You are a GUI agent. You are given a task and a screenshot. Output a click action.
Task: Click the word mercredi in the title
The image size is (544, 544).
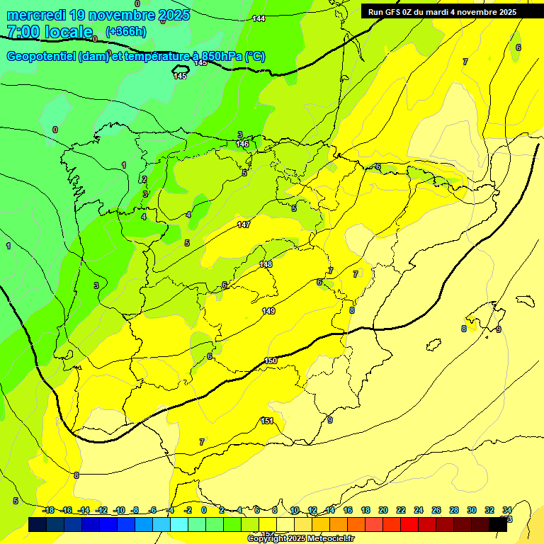(x=33, y=14)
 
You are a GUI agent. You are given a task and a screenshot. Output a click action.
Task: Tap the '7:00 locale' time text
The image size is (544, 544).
(x=50, y=32)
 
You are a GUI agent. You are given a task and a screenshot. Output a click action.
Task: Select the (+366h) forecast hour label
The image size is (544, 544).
(x=125, y=31)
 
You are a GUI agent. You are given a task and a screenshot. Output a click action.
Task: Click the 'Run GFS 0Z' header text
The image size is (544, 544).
(x=397, y=12)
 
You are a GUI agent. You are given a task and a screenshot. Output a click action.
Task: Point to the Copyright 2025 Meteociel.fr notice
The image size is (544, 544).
(x=301, y=538)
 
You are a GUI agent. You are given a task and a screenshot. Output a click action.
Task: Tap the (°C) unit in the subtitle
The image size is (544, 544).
(x=255, y=57)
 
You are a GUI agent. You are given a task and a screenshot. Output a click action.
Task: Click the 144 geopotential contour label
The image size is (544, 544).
(x=259, y=18)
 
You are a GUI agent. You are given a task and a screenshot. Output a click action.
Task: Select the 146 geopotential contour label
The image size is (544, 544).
(x=242, y=144)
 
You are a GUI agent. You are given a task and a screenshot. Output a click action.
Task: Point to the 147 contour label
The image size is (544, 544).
(x=244, y=225)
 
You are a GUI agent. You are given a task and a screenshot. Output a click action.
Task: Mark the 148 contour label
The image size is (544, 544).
(x=266, y=264)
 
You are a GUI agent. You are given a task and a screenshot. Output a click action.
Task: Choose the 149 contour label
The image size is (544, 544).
(x=268, y=311)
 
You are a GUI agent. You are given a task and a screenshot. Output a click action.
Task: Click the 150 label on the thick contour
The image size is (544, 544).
(x=271, y=361)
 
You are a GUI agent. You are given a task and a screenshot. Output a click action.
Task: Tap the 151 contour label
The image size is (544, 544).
(x=267, y=421)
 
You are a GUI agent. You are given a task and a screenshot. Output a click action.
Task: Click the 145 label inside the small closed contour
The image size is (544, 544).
(x=181, y=76)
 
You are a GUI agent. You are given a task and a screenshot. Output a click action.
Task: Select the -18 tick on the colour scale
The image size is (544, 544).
(x=48, y=510)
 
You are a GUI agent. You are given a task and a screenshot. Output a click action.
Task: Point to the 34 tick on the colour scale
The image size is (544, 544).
(x=507, y=510)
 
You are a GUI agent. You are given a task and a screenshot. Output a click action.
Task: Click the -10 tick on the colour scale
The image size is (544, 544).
(x=120, y=510)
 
